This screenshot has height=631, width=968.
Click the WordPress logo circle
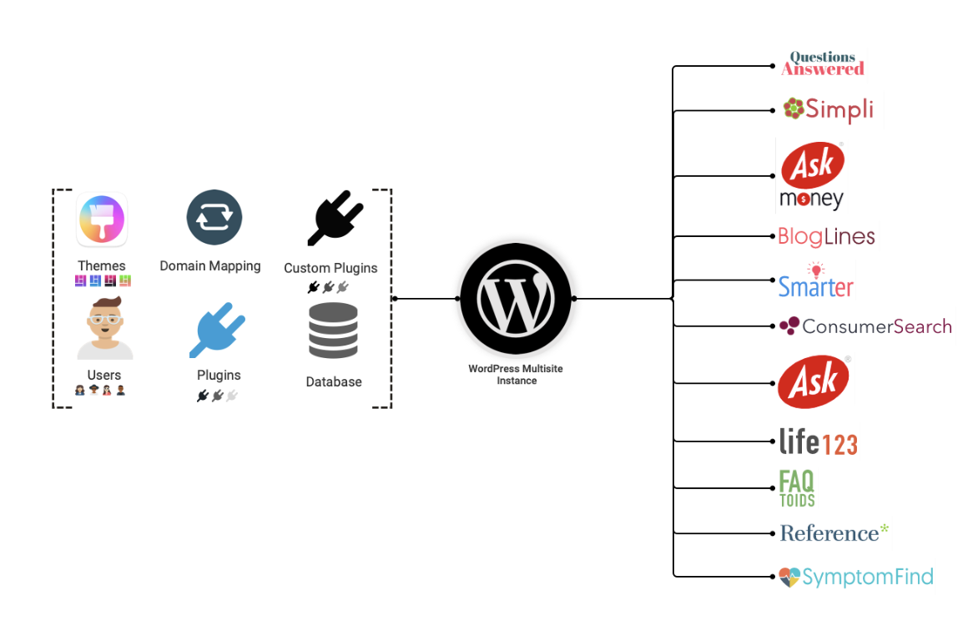[515, 298]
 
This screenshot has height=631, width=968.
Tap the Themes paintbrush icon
[102, 220]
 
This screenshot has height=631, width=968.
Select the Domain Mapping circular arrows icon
[214, 218]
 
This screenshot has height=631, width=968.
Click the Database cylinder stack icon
[333, 331]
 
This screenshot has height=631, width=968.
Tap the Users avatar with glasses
[104, 328]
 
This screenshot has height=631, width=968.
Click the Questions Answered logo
[822, 64]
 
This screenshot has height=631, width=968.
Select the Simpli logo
[828, 109]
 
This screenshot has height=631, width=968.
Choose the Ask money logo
[812, 176]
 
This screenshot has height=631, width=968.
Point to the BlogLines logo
[825, 236]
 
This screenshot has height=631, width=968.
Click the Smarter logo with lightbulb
[815, 281]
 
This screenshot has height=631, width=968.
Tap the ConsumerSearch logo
[865, 326]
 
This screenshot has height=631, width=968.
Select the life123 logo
[818, 442]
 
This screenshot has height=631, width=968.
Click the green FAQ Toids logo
[796, 488]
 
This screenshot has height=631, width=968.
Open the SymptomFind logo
[855, 577]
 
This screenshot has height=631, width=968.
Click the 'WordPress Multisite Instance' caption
[516, 374]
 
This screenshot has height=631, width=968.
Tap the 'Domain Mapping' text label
[210, 266]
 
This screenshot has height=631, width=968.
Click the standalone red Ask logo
[814, 382]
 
